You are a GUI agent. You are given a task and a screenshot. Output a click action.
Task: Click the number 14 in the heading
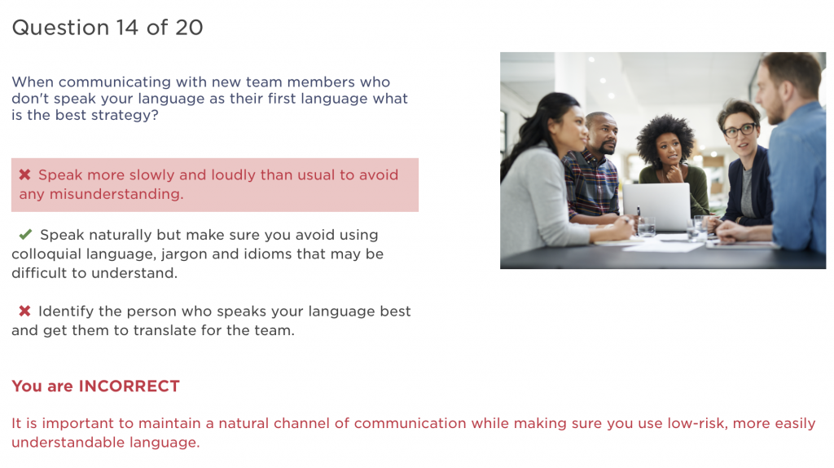(126, 28)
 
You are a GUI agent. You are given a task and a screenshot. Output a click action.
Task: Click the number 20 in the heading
(189, 28)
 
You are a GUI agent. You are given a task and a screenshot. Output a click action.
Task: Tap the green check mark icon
(25, 234)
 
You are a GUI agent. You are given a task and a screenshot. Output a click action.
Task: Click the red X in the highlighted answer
(24, 174)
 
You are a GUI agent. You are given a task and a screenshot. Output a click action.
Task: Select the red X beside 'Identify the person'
(24, 311)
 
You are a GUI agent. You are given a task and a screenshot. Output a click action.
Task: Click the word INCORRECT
(129, 386)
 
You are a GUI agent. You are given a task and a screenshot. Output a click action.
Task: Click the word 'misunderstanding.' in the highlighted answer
(116, 194)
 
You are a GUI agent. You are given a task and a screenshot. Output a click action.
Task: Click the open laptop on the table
(656, 206)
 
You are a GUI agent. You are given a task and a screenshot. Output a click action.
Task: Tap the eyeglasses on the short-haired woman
(740, 130)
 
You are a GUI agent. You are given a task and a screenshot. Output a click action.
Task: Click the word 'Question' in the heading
(60, 28)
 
